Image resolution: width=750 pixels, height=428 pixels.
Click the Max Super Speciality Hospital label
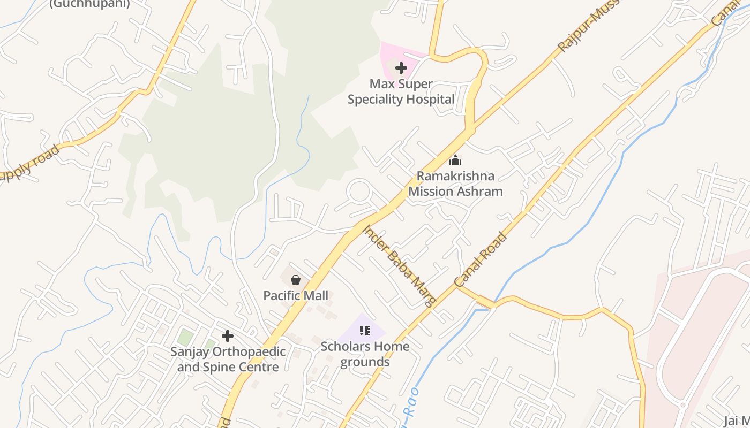point(401,91)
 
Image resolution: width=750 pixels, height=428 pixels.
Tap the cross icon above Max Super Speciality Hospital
point(401,68)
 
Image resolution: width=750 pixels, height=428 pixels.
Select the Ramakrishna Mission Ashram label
point(455,184)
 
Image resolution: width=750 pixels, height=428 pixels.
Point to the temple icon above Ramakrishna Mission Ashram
point(455,160)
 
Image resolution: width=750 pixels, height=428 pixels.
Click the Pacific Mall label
point(296,295)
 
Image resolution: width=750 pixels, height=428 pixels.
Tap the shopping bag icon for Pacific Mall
point(296,279)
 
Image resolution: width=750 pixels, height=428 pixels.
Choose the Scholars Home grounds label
point(365,354)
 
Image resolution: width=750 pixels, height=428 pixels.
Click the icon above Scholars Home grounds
point(365,331)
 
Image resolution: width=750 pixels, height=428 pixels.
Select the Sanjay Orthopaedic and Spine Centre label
point(228,360)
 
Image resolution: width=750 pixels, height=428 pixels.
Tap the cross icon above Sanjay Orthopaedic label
point(228,336)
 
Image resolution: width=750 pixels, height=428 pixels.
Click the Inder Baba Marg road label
point(399,265)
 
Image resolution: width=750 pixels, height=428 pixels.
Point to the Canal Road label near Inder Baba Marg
point(480,259)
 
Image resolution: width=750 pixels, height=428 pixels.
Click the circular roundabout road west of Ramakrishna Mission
point(359,191)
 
